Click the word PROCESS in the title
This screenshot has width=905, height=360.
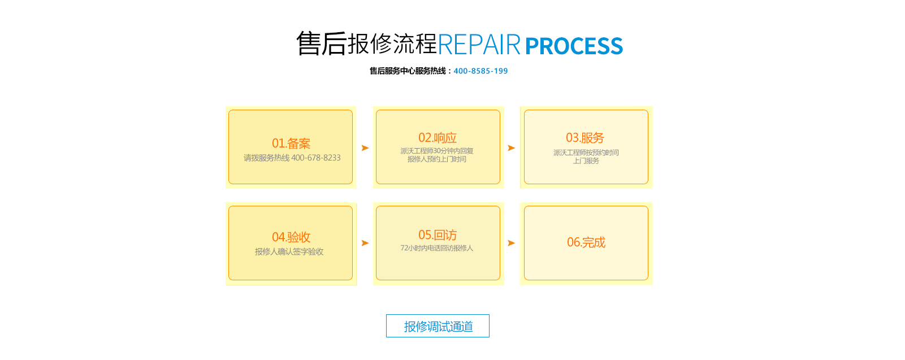point(574,46)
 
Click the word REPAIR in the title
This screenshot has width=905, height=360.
point(479,45)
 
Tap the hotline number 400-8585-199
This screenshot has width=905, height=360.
point(480,71)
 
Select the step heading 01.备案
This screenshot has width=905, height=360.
point(291,144)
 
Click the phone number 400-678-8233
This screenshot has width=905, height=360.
point(316,158)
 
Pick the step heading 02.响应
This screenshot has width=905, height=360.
point(438,138)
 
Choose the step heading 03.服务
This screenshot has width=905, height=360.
point(585,138)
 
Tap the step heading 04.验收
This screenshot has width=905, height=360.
point(291,237)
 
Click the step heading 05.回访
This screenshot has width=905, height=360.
point(438,235)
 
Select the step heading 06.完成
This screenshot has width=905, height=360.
point(586,242)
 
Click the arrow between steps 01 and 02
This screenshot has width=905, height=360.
point(365,148)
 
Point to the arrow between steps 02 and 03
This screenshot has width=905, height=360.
point(511,148)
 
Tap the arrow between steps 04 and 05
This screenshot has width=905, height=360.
point(365,243)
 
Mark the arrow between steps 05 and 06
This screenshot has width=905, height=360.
point(511,243)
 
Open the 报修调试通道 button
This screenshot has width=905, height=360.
point(438,326)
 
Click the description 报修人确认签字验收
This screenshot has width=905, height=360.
point(289,252)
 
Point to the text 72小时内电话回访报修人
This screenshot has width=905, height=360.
point(437,248)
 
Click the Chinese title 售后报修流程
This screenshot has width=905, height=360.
point(366,44)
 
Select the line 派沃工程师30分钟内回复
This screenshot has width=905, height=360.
point(437,151)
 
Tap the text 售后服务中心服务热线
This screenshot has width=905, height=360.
point(408,71)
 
